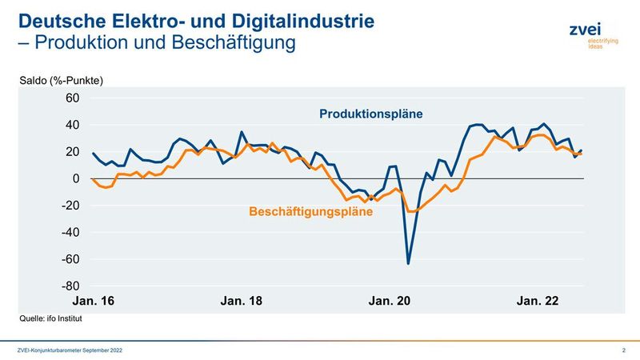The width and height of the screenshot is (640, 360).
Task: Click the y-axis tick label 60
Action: pyautogui.click(x=73, y=98)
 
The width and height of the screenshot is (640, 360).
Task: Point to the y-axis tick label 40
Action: pyautogui.click(x=73, y=125)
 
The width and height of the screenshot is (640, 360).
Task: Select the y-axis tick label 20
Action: pyautogui.click(x=73, y=152)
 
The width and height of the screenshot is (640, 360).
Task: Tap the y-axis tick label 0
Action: pyautogui.click(x=76, y=178)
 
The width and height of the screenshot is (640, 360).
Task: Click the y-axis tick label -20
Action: pyautogui.click(x=70, y=206)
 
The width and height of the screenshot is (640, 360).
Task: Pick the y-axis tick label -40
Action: pyautogui.click(x=70, y=232)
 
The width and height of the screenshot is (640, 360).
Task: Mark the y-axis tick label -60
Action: pyautogui.click(x=70, y=259)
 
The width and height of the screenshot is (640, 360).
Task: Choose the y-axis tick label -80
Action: pyautogui.click(x=70, y=286)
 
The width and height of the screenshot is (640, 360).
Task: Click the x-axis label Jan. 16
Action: pyautogui.click(x=94, y=301)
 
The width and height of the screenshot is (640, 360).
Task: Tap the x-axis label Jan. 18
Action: pyautogui.click(x=242, y=301)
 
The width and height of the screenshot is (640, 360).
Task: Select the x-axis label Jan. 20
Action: pyautogui.click(x=390, y=301)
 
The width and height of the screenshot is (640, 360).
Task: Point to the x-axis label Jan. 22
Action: pyautogui.click(x=538, y=301)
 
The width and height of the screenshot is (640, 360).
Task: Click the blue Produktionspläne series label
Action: pyautogui.click(x=371, y=114)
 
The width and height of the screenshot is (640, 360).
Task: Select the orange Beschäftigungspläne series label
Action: pyautogui.click(x=311, y=213)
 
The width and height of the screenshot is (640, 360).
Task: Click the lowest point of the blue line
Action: pyautogui.click(x=409, y=263)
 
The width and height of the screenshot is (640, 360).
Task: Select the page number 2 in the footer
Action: pyautogui.click(x=623, y=350)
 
